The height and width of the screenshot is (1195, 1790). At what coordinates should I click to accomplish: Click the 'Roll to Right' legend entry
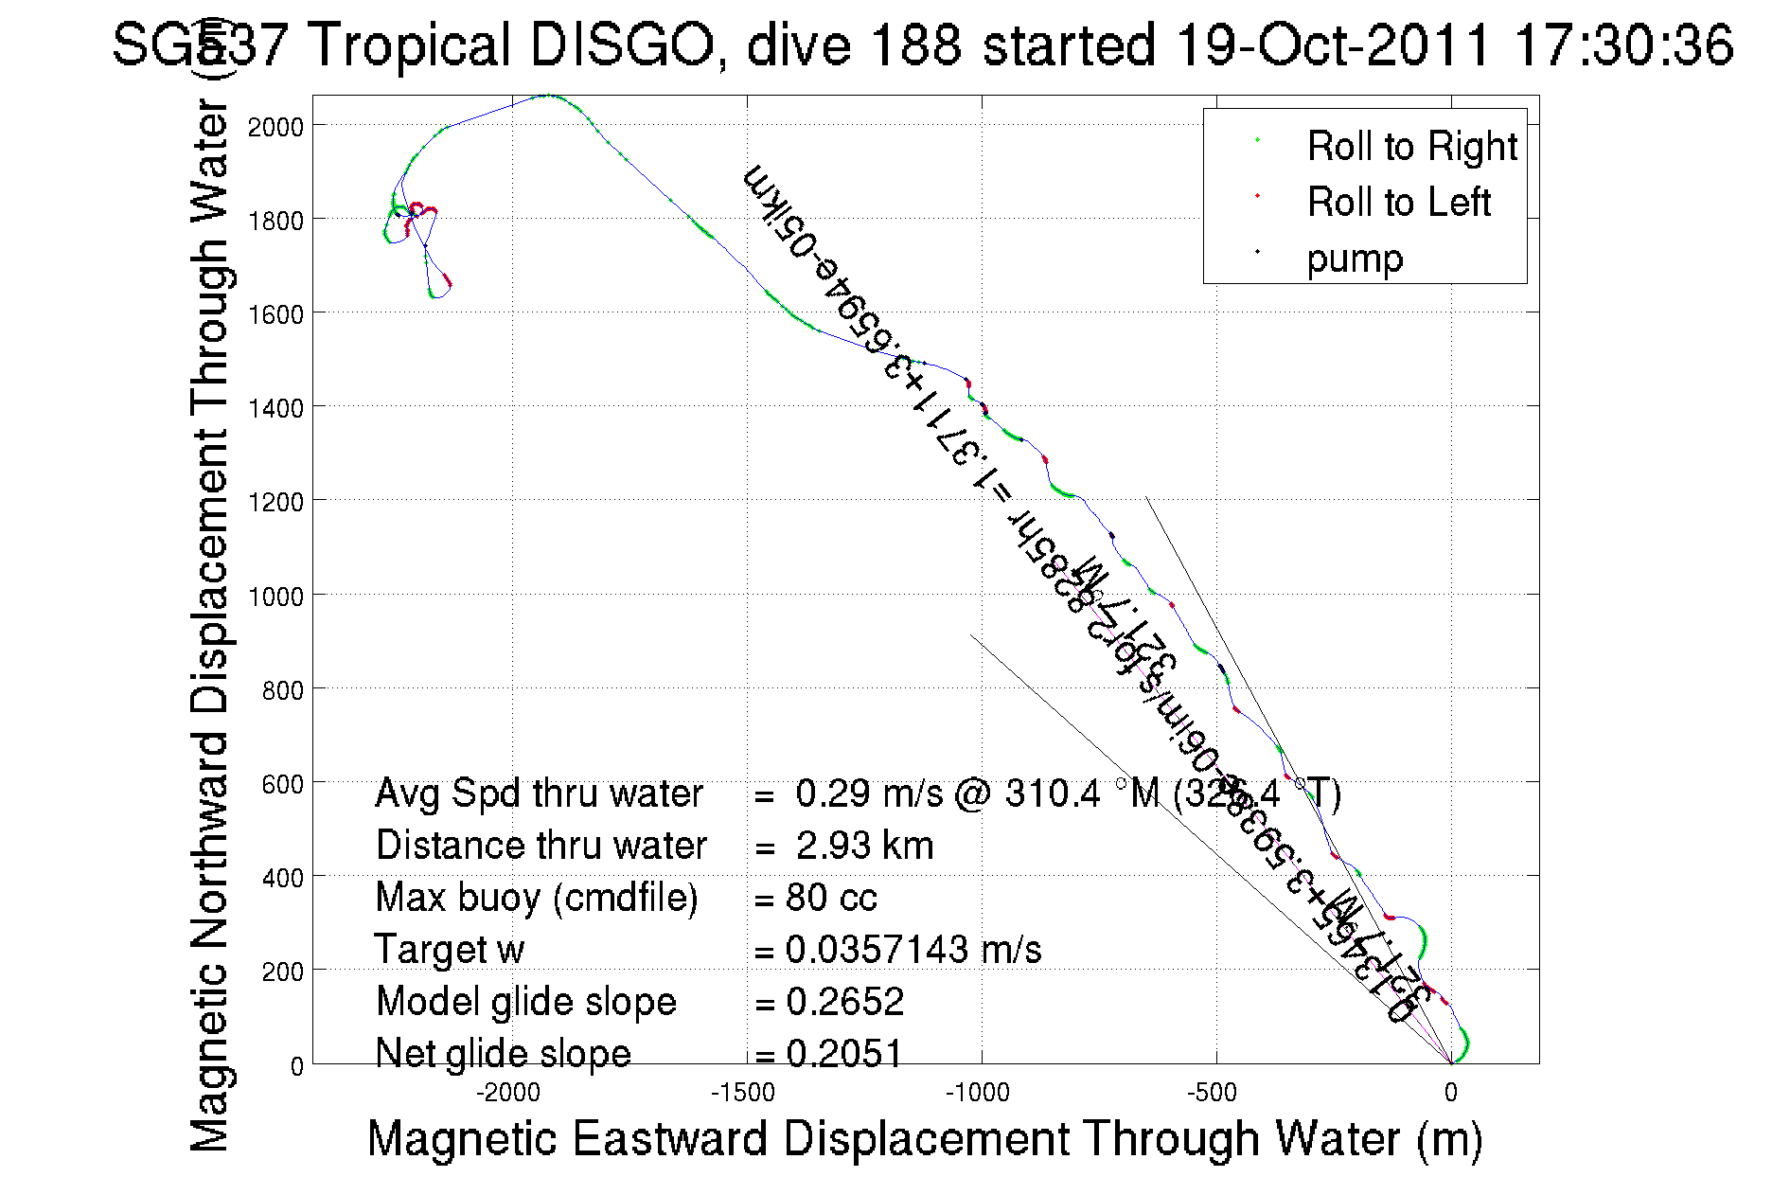[1410, 147]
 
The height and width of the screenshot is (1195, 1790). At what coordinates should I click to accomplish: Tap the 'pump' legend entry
[1354, 259]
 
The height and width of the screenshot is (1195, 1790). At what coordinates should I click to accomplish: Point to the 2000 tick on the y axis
[275, 127]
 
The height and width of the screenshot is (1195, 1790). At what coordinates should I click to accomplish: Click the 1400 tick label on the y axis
[275, 409]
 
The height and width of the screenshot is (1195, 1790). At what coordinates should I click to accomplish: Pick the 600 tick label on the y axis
[282, 784]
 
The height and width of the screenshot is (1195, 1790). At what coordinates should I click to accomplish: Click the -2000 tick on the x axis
[508, 1093]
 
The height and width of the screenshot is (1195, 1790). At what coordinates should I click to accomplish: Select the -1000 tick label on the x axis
[978, 1093]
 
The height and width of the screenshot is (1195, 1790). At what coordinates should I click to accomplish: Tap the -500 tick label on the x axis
[1213, 1093]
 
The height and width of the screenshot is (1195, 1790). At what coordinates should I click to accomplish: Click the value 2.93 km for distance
[864, 846]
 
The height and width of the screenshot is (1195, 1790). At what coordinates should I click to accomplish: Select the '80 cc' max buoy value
[831, 898]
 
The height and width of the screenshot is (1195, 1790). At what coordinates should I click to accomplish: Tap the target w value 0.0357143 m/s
[913, 950]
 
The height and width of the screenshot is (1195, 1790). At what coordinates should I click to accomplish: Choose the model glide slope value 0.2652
[844, 1002]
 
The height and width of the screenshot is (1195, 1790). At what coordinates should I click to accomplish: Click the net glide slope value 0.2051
[844, 1053]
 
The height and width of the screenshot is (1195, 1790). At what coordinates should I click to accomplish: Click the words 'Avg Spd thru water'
[539, 794]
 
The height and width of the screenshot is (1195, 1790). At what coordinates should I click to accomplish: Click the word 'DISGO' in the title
[622, 45]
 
